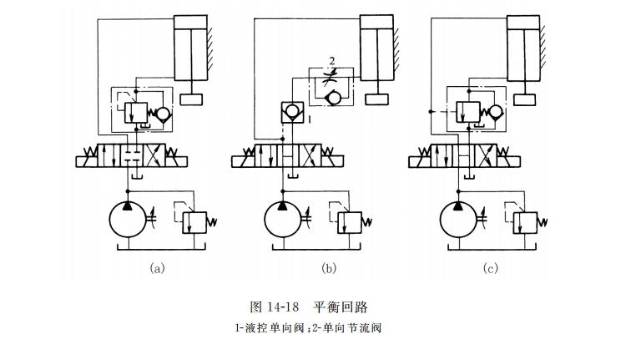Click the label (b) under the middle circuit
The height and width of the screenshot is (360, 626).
click(x=329, y=268)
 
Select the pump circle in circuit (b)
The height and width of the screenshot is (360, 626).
click(x=284, y=221)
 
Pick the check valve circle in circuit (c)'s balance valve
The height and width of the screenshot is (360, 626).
click(x=495, y=112)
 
